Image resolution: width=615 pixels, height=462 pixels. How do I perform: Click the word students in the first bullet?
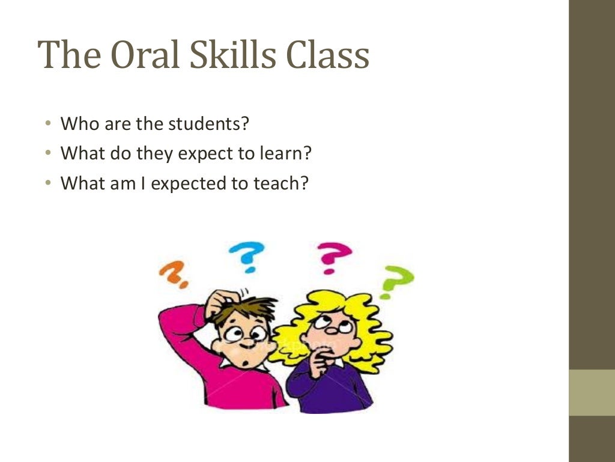pos(208,125)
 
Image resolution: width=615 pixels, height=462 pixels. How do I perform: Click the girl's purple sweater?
pos(336,391)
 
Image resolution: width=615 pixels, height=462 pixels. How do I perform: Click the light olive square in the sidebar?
pos(592,392)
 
